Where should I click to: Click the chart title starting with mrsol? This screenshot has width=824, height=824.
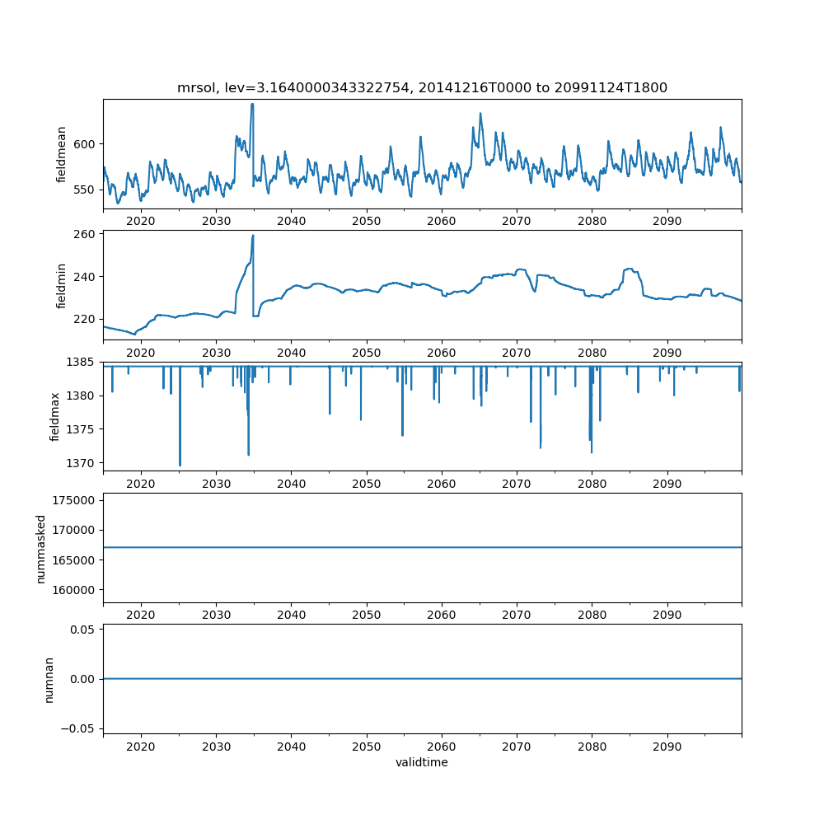422,87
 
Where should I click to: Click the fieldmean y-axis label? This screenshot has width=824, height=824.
62,154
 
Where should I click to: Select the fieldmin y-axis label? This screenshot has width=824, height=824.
62,285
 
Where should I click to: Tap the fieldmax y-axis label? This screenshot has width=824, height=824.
55,416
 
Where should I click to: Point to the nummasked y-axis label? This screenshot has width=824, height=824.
40,548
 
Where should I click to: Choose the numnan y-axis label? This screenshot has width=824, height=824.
49,679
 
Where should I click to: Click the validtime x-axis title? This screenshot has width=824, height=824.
422,763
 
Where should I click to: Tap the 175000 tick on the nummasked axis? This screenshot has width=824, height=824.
77,500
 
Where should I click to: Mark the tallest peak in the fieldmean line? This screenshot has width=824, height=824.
252,104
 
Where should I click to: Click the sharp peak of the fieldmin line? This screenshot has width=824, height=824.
253,236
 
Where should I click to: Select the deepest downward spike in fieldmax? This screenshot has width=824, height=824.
180,466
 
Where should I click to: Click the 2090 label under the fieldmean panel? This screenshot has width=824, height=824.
667,221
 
